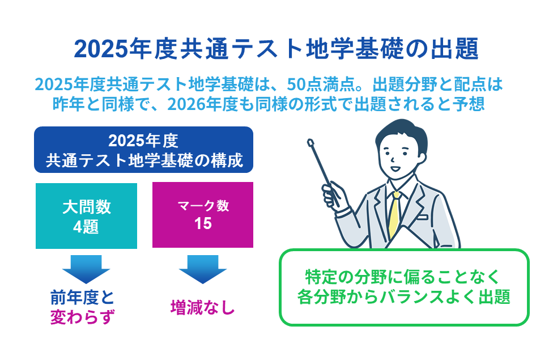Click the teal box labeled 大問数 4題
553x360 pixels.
(86, 216)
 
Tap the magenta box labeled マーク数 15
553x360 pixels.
(203, 215)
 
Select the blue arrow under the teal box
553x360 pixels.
(86, 269)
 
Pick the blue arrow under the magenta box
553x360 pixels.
(203, 269)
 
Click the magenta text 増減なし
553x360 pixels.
(203, 307)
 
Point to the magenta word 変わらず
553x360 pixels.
(83, 316)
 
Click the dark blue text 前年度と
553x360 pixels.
(83, 298)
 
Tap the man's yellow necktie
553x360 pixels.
(395, 215)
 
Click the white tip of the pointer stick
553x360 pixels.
(310, 143)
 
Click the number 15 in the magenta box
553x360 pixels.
(203, 223)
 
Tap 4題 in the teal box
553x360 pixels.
(86, 227)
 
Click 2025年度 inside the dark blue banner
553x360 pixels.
(143, 141)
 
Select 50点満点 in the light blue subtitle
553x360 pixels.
(320, 84)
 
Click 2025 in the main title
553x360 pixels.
(100, 49)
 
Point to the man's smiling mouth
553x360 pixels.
(395, 169)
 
